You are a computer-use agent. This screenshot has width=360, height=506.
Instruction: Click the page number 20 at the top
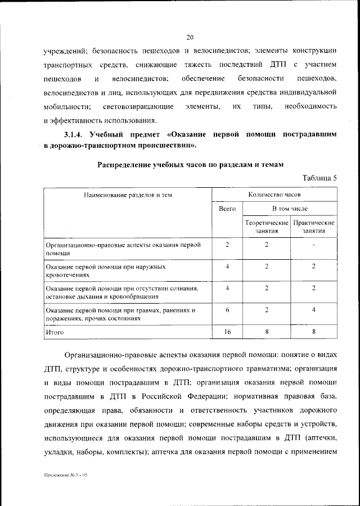[190, 38]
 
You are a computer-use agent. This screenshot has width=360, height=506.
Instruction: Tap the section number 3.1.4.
[73, 135]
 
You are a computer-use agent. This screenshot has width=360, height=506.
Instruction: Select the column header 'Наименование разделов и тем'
[128, 195]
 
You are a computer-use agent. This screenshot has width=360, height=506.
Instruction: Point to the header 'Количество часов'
[274, 195]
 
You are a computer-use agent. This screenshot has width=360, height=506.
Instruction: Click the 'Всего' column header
[227, 209]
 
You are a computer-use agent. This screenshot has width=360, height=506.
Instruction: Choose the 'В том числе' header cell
[290, 209]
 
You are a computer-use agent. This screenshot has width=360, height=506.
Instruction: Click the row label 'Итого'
[55, 332]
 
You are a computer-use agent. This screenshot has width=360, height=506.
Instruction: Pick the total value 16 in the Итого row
[227, 332]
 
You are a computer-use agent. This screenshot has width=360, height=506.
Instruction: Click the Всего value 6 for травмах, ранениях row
[227, 310]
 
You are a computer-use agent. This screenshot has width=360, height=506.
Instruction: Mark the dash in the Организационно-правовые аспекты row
[313, 245]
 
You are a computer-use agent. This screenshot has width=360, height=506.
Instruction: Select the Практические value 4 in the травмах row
[313, 310]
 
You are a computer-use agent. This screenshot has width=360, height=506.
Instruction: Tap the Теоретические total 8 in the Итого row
[266, 332]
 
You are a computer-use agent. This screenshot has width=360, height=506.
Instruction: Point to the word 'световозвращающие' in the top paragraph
[136, 106]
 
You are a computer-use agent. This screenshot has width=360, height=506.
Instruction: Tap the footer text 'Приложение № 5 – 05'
[66, 475]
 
